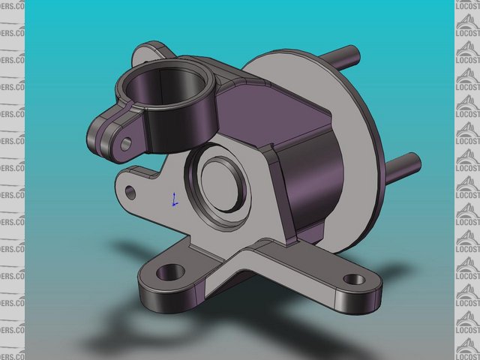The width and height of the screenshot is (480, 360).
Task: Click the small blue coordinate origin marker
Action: (174, 199)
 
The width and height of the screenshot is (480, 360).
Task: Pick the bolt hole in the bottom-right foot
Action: (354, 280)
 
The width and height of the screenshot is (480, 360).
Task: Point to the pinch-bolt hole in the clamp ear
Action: (126, 142)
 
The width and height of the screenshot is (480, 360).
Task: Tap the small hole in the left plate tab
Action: (131, 193)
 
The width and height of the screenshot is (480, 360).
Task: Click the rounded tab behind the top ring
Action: (150, 52)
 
